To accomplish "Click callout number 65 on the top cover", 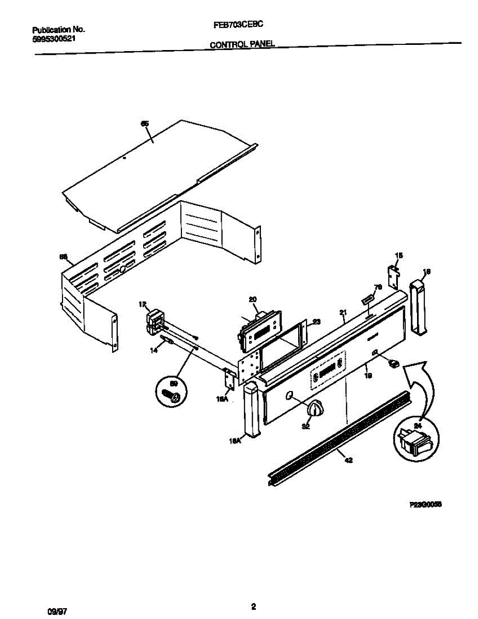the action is click(145, 123).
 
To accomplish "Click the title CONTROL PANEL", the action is click(241, 45).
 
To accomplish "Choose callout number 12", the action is click(143, 304).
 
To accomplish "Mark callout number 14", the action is click(153, 351).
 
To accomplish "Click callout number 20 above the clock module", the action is click(253, 299).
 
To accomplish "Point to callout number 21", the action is click(343, 312).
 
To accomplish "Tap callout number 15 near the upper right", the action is click(398, 255).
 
